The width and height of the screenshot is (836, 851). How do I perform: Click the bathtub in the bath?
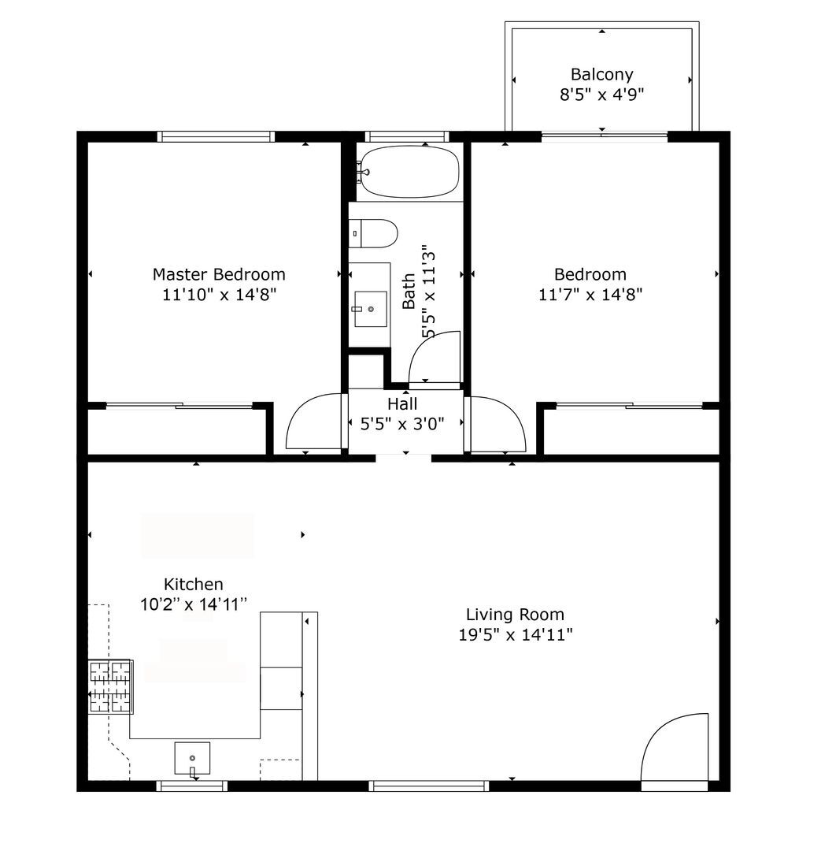tap(409, 172)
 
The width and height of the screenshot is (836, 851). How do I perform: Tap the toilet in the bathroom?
tap(373, 233)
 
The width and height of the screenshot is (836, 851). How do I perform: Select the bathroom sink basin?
tap(371, 309)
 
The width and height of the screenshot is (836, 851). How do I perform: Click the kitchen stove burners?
tap(111, 686)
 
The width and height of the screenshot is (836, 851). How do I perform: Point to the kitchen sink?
tap(192, 758)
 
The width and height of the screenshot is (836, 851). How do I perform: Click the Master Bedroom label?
tap(219, 274)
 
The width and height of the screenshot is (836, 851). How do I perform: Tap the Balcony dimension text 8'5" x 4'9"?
tap(601, 95)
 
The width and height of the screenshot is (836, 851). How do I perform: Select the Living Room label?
tap(515, 615)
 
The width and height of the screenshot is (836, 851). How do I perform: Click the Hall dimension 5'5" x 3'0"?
tap(402, 423)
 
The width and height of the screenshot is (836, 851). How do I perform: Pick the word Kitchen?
tap(194, 584)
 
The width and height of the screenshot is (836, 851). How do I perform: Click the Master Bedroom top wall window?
tap(216, 136)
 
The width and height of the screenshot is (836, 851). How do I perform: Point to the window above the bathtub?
tap(407, 136)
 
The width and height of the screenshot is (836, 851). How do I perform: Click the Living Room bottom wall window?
tap(429, 786)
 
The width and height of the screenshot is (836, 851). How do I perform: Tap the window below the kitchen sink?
tap(192, 786)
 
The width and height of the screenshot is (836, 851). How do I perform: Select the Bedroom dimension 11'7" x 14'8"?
tap(590, 294)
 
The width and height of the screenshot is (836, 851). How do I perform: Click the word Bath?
tap(409, 292)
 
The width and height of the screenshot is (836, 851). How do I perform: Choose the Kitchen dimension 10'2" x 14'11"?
tap(194, 604)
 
